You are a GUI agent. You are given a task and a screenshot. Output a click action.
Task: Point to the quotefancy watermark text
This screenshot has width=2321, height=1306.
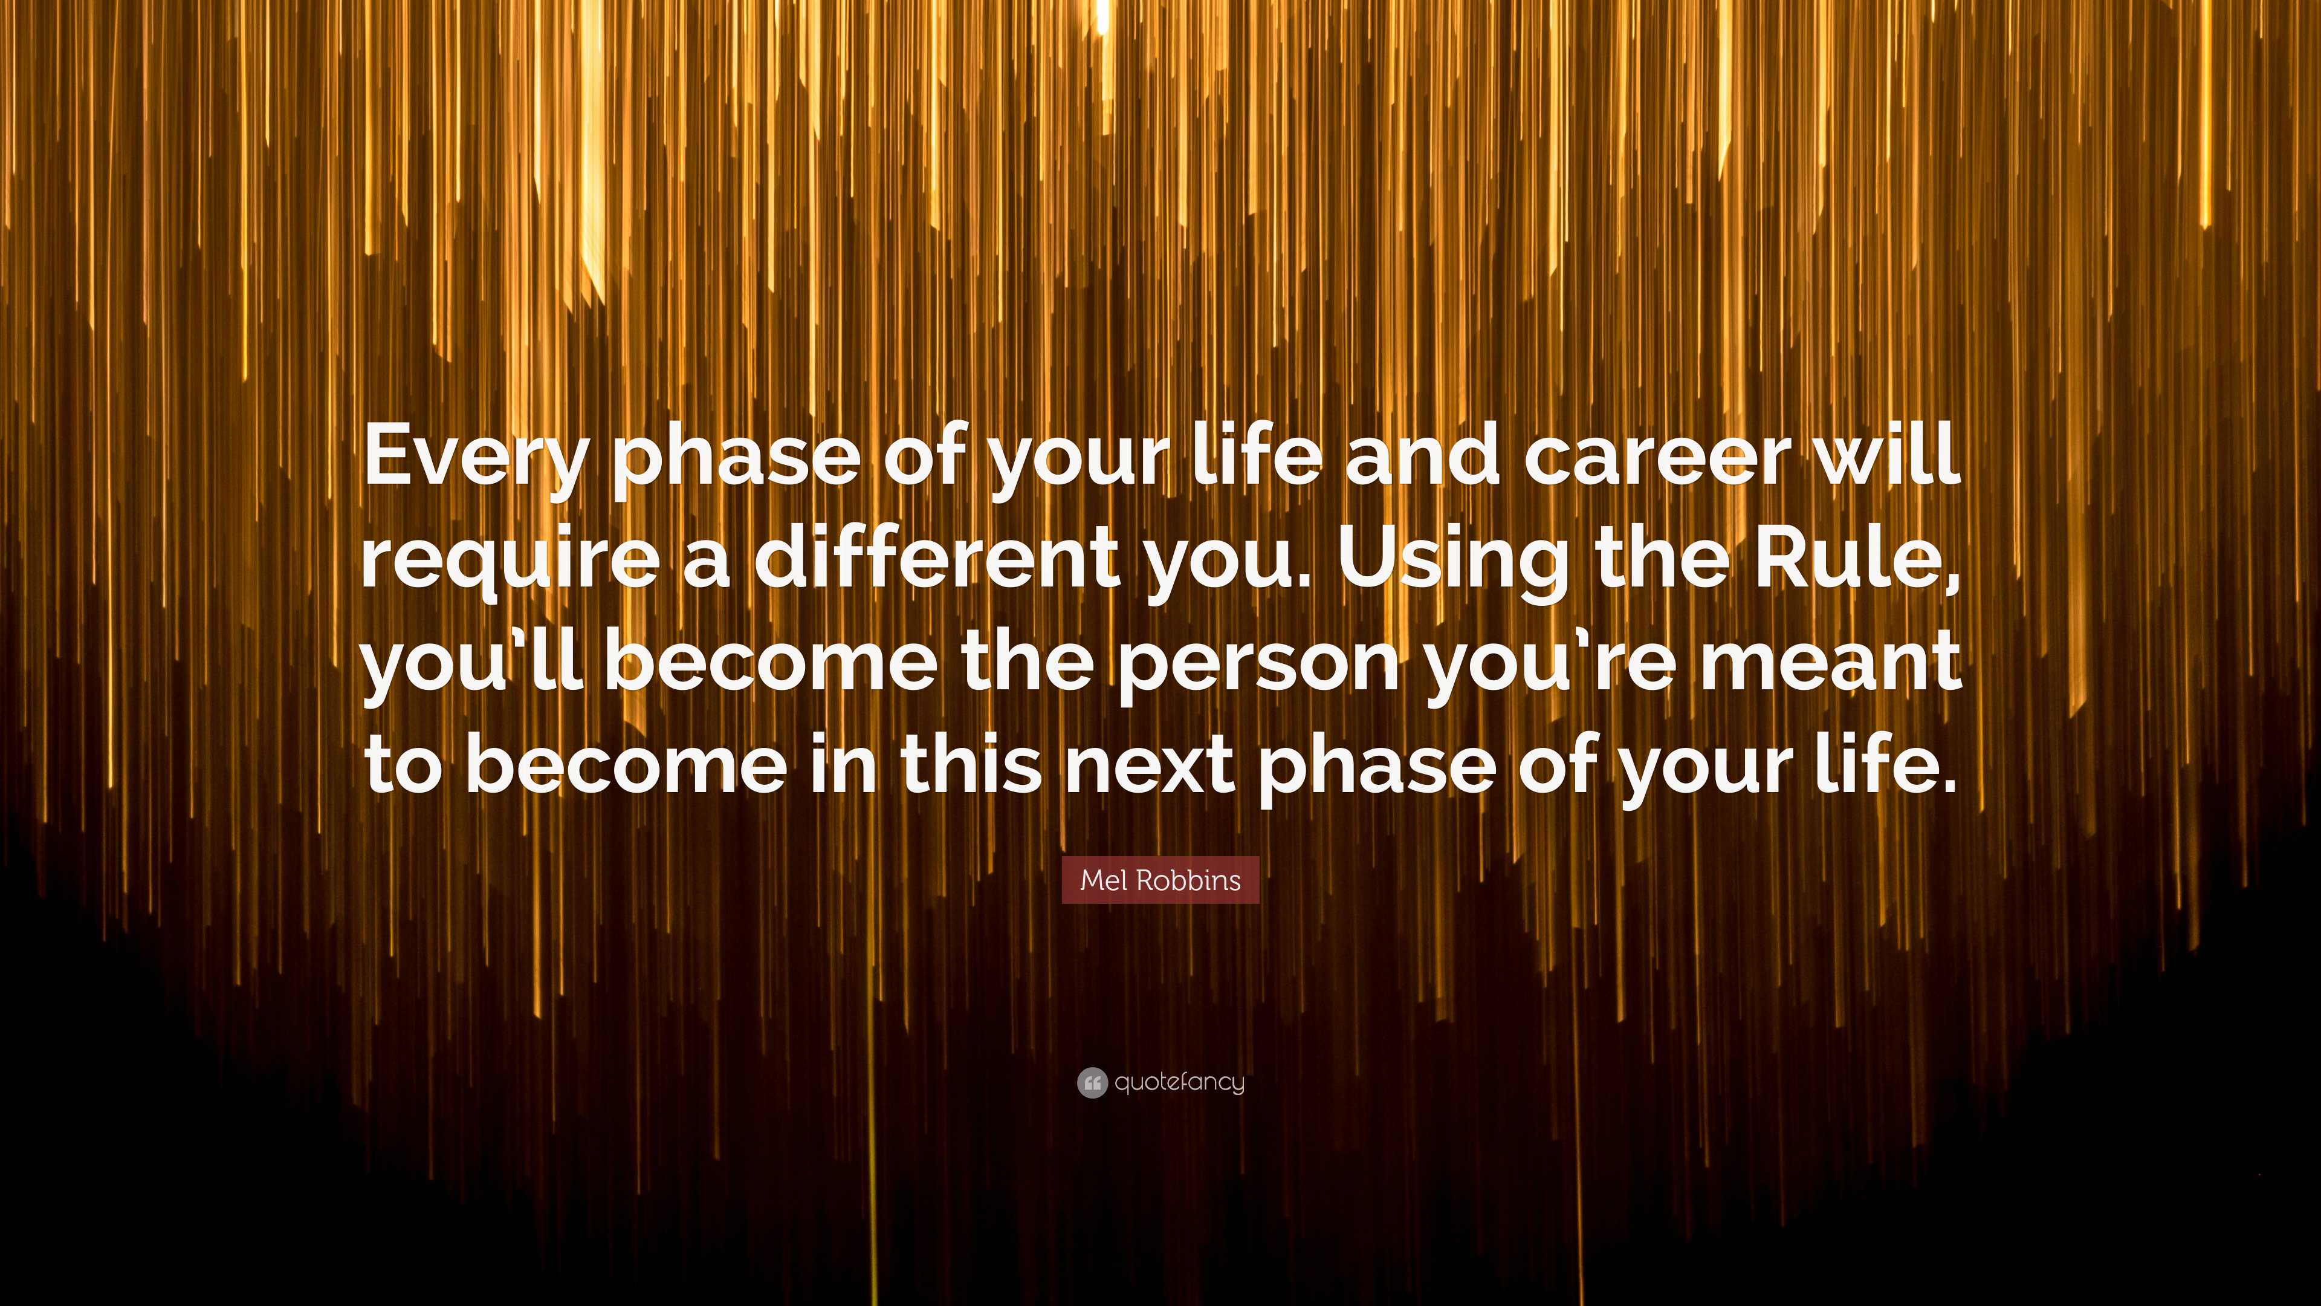(x=1179, y=1082)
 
